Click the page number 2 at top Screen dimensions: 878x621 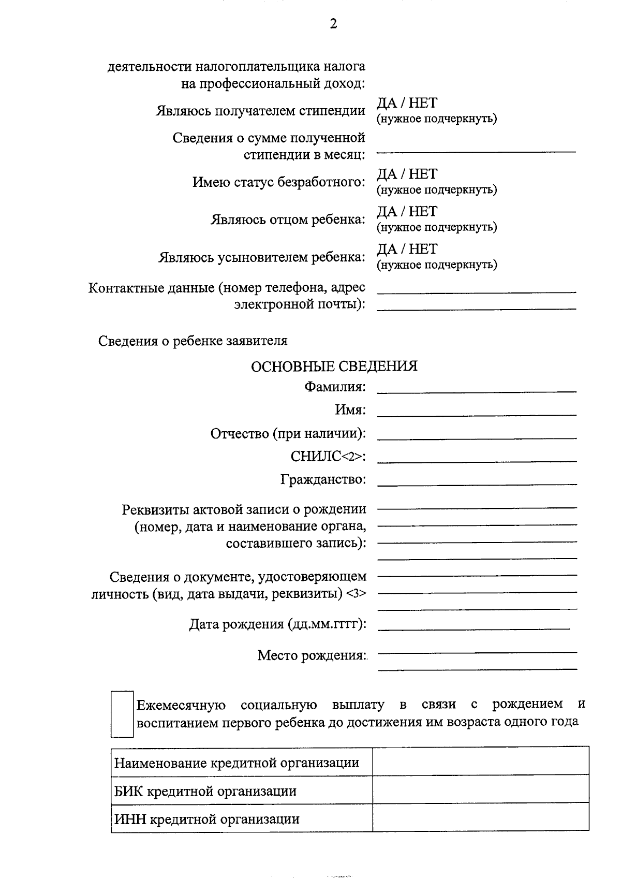[x=333, y=24]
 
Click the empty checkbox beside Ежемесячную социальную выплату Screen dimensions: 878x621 [x=123, y=714]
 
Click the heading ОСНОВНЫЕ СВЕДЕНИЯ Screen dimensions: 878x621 [x=334, y=367]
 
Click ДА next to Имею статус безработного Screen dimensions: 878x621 [x=386, y=174]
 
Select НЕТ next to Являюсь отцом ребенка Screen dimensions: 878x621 [x=423, y=212]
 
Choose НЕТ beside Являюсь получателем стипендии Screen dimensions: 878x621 [x=423, y=103]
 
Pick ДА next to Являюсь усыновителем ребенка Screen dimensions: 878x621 [x=386, y=250]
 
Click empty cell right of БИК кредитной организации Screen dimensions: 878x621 [x=480, y=788]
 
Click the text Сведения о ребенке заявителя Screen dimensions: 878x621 [x=193, y=341]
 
